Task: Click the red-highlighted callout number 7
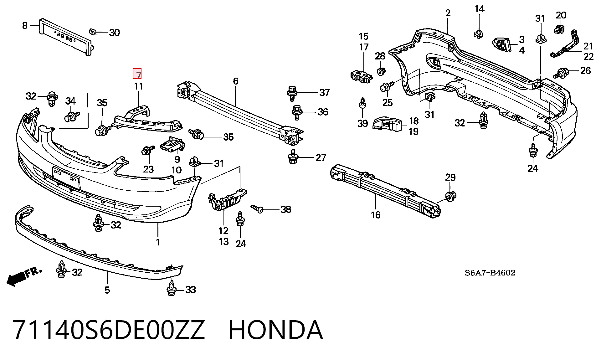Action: [x=137, y=74]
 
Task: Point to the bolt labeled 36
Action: [x=296, y=112]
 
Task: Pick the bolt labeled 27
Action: [x=292, y=157]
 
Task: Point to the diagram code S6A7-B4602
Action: [x=490, y=273]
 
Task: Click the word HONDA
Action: [x=275, y=330]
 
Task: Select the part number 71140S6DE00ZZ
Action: [x=109, y=330]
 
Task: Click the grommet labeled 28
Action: [x=380, y=72]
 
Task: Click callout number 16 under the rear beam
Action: [x=376, y=215]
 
